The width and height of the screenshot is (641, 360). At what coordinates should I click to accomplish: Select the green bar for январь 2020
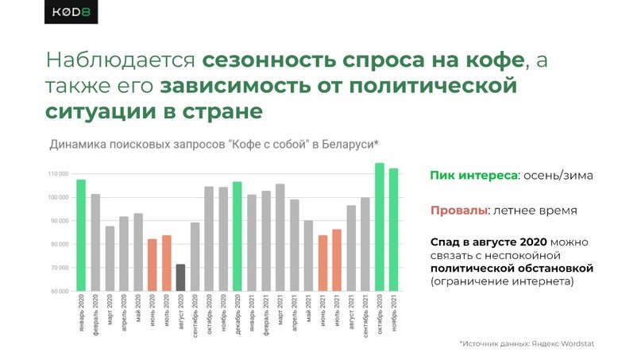pyautogui.click(x=81, y=235)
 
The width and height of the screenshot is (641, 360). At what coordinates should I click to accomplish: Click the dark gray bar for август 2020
pyautogui.click(x=180, y=277)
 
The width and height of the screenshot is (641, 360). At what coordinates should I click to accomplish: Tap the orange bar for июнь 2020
pyautogui.click(x=152, y=265)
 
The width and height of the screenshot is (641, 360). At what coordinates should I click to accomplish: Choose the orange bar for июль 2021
pyautogui.click(x=337, y=260)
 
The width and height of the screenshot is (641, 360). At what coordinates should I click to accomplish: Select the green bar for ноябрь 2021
pyautogui.click(x=392, y=230)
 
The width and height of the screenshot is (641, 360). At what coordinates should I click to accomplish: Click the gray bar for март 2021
pyautogui.click(x=280, y=238)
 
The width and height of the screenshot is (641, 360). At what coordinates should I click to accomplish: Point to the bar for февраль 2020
pyautogui.click(x=95, y=242)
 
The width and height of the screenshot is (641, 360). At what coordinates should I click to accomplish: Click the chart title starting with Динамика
pyautogui.click(x=214, y=144)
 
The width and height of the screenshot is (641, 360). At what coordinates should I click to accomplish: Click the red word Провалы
pyautogui.click(x=458, y=211)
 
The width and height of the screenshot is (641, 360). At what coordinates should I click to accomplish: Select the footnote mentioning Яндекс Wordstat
pyautogui.click(x=527, y=343)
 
